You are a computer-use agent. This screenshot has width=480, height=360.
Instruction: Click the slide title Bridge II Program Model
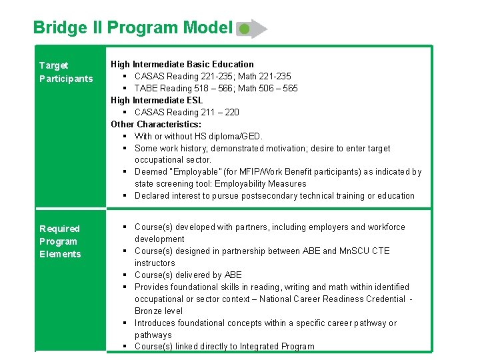point(132,28)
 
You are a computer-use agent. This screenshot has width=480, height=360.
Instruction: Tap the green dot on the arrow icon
point(245,29)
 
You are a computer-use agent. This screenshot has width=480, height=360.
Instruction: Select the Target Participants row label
point(66,72)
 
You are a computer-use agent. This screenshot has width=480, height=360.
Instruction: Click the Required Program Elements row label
point(60,241)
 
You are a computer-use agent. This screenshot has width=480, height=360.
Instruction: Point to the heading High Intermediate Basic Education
point(182,64)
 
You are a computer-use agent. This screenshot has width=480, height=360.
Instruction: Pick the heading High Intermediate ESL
point(157,100)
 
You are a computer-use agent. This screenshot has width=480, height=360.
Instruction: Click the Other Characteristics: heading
point(156,124)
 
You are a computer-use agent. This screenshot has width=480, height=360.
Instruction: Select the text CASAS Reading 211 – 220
point(187,112)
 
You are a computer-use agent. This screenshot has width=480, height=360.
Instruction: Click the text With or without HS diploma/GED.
point(199,136)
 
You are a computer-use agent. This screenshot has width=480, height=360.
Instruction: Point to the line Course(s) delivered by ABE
point(188,275)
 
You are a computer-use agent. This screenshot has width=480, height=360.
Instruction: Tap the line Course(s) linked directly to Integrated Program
point(224,346)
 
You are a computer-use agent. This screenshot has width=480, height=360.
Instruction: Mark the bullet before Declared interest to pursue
point(125,196)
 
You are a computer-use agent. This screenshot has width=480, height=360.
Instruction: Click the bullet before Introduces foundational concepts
point(125,323)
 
